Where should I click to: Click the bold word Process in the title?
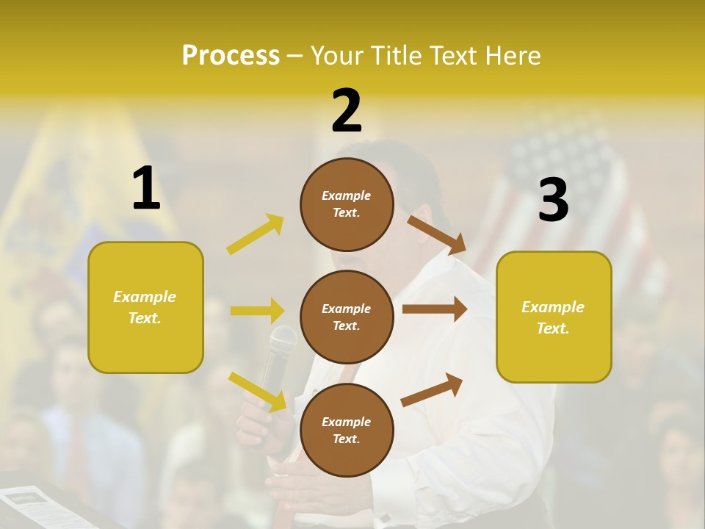click(231, 55)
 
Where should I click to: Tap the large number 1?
click(146, 189)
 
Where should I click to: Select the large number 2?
click(347, 110)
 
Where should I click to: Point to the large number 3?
click(553, 201)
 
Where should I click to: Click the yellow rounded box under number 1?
click(145, 307)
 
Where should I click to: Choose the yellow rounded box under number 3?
click(554, 317)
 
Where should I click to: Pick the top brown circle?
click(347, 204)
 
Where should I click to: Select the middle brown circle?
click(347, 317)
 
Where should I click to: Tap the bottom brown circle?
click(347, 430)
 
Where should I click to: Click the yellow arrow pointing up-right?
click(256, 234)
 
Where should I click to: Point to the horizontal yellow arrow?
click(257, 311)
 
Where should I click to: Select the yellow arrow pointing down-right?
click(257, 391)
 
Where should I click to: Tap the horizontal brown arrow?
click(435, 309)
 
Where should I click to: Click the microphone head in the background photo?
click(283, 339)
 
